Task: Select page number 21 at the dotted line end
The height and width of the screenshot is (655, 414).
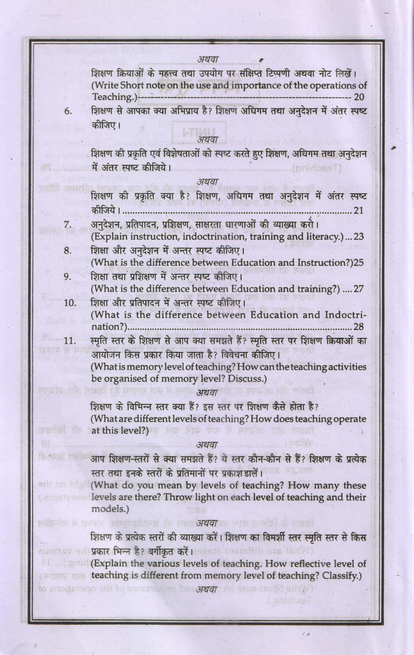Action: click(358, 211)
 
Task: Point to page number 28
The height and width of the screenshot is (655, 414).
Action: click(358, 327)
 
